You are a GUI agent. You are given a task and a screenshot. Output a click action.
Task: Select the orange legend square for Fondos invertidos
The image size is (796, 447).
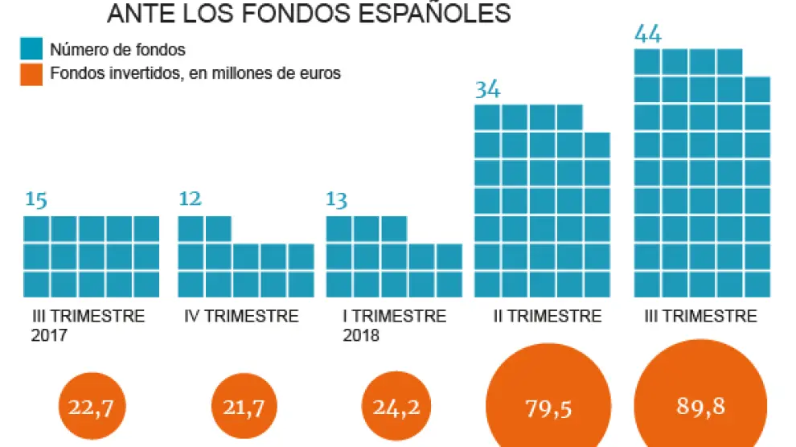click(x=31, y=73)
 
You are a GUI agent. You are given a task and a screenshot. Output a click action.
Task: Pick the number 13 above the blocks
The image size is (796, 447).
click(x=337, y=200)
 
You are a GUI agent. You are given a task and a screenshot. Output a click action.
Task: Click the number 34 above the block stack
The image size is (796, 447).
click(x=487, y=89)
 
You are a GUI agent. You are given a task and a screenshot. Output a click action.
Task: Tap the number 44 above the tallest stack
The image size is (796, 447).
click(x=648, y=35)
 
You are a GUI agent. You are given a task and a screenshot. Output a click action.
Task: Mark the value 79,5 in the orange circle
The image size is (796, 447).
click(x=548, y=408)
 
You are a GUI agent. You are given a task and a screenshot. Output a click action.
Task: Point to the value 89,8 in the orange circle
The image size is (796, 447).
click(x=701, y=407)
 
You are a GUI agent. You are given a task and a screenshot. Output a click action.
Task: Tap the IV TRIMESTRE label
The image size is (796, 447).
click(x=241, y=316)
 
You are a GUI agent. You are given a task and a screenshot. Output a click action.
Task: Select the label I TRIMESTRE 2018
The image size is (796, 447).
click(x=393, y=324)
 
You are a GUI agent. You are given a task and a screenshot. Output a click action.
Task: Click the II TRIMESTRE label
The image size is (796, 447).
click(x=547, y=316)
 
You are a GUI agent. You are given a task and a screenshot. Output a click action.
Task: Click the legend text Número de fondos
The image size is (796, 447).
click(x=117, y=51)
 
